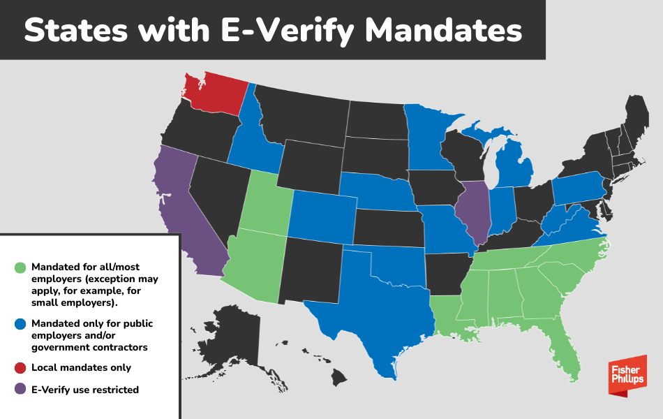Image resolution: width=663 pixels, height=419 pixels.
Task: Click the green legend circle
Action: [x=20, y=267]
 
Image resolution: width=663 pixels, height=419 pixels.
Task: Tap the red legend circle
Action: [x=20, y=367]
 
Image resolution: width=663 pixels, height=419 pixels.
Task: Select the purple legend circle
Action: [x=20, y=390]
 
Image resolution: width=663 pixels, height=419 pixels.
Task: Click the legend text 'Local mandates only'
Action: [x=81, y=367]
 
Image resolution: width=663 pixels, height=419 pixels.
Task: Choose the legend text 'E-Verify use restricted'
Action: [x=85, y=390]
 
